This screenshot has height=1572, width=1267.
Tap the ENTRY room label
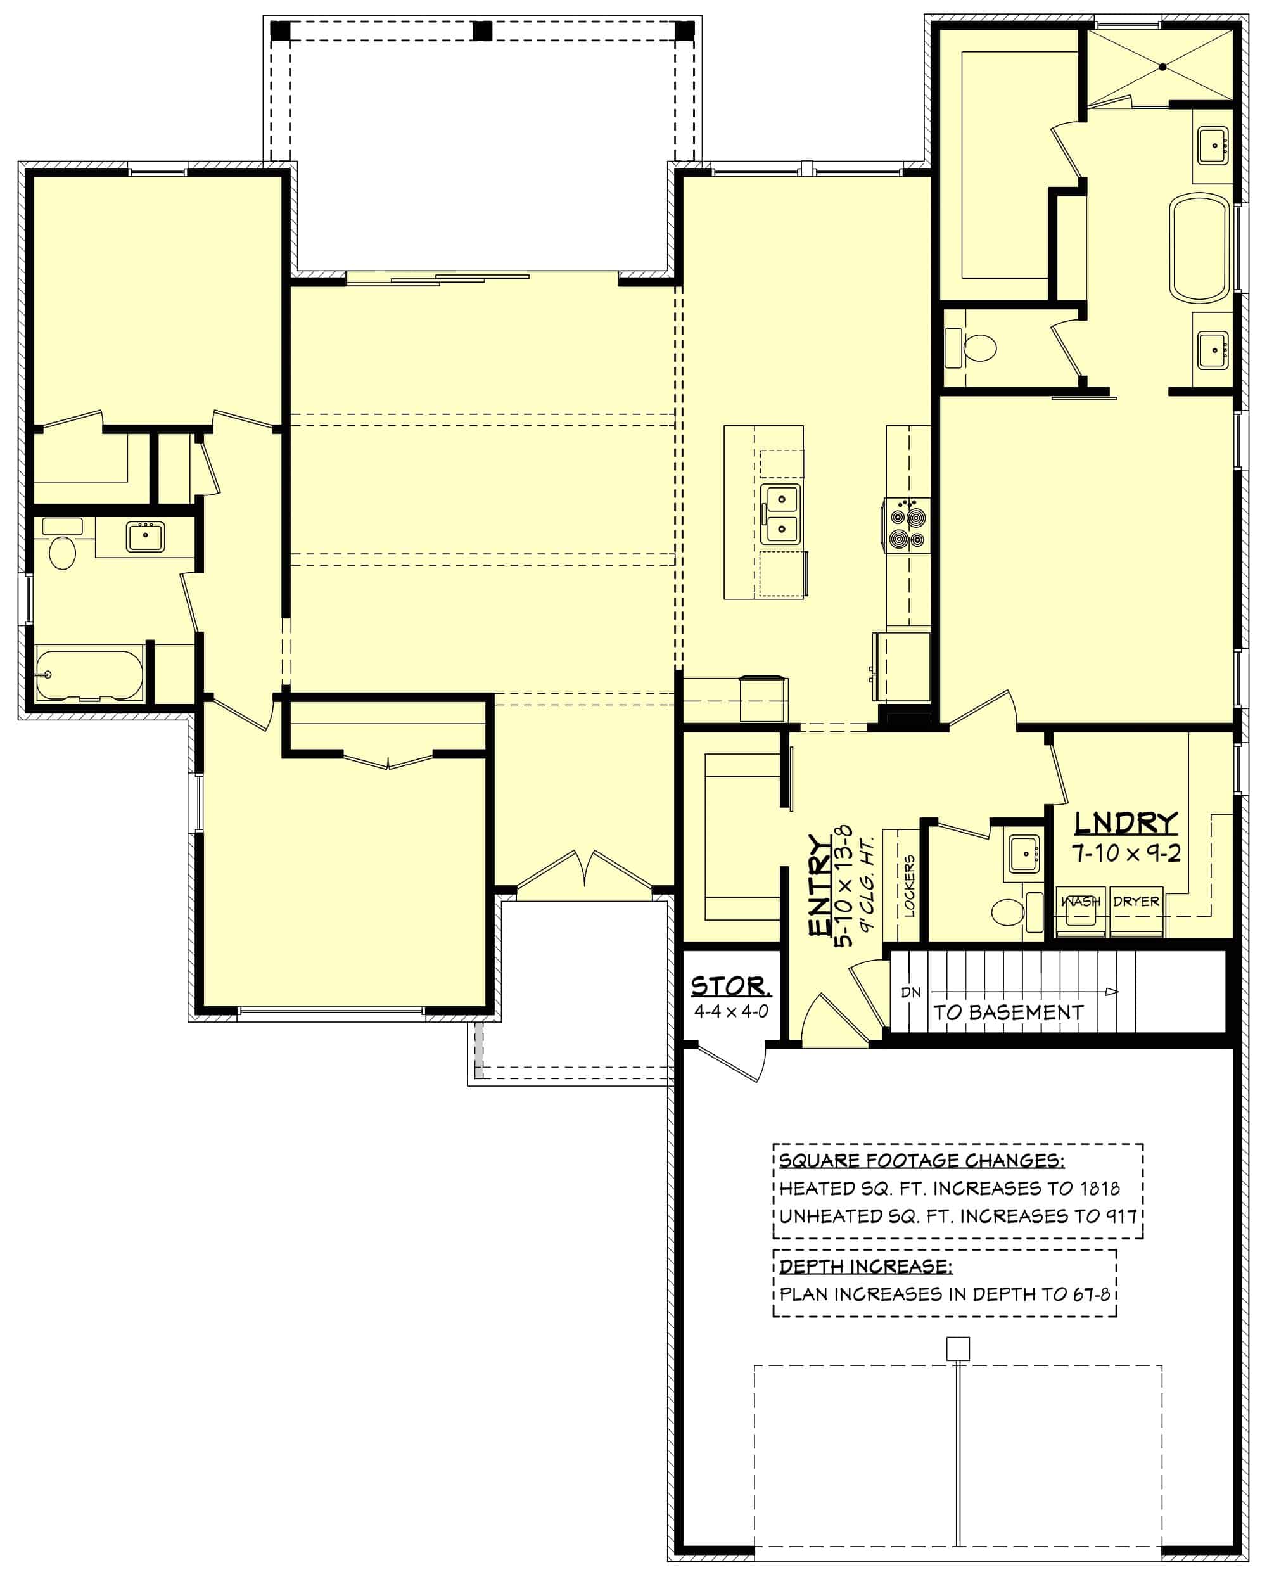click(820, 886)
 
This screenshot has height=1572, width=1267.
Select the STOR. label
click(730, 987)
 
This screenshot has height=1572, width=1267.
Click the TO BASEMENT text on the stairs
click(1008, 1013)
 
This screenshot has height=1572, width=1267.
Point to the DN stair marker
click(911, 992)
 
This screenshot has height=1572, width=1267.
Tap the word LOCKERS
click(908, 886)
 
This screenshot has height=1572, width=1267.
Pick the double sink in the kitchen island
click(781, 514)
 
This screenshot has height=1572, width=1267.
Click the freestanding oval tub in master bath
click(1199, 248)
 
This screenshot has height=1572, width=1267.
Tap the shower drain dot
click(1162, 67)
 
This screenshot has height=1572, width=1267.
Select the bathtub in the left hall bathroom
click(89, 675)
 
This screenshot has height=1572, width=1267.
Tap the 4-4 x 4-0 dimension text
click(730, 1011)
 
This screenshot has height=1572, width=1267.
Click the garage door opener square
click(958, 1349)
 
